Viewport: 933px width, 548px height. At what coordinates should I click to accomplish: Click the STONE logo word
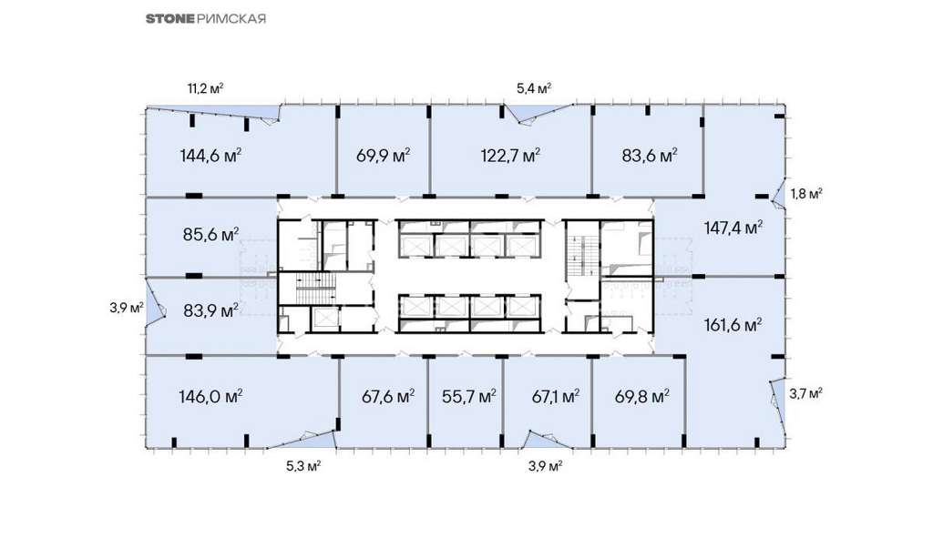pyautogui.click(x=170, y=18)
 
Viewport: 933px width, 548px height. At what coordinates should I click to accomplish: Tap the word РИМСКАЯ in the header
pyautogui.click(x=231, y=18)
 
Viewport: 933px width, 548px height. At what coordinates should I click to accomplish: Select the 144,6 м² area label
pyautogui.click(x=210, y=156)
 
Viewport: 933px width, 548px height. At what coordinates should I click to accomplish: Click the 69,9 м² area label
pyautogui.click(x=384, y=156)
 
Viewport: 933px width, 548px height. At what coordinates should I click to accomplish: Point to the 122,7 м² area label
pyautogui.click(x=510, y=156)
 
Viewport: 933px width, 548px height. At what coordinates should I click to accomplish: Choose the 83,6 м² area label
pyautogui.click(x=650, y=156)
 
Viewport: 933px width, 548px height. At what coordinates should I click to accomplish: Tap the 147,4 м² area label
pyautogui.click(x=733, y=228)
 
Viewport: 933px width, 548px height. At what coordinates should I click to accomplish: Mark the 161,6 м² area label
pyautogui.click(x=733, y=325)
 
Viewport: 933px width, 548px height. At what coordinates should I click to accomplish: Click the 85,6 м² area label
pyautogui.click(x=210, y=235)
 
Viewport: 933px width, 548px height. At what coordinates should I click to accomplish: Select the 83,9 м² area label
pyautogui.click(x=210, y=310)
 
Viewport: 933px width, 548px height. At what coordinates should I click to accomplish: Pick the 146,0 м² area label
pyautogui.click(x=210, y=397)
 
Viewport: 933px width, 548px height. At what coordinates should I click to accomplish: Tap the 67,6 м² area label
pyautogui.click(x=388, y=397)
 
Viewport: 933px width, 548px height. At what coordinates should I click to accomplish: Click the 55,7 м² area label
pyautogui.click(x=469, y=397)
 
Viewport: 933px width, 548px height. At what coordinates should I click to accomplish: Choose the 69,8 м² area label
pyautogui.click(x=642, y=397)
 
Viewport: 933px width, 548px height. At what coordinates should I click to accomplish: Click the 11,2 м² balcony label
pyautogui.click(x=205, y=89)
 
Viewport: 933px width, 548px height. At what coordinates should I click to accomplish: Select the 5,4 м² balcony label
pyautogui.click(x=534, y=89)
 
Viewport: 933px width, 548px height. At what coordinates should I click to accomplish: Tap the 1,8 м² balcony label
pyautogui.click(x=806, y=194)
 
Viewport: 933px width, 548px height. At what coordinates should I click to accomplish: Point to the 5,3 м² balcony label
pyautogui.click(x=303, y=466)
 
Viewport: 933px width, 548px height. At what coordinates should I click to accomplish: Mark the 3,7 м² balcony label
pyautogui.click(x=806, y=393)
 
